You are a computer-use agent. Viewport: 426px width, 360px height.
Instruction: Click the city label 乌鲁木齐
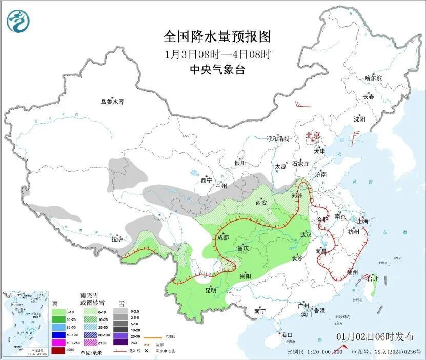[112, 102]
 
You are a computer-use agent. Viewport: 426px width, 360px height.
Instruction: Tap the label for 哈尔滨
[373, 78]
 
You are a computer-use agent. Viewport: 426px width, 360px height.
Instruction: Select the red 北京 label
[313, 136]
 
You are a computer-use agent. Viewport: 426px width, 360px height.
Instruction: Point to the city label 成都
[223, 237]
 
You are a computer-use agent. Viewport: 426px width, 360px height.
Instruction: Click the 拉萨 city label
[117, 239]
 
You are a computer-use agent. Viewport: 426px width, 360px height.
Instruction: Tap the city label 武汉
[307, 234]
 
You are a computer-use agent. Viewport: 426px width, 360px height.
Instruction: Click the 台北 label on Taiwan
[373, 279]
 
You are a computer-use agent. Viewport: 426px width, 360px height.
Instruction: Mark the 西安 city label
[261, 203]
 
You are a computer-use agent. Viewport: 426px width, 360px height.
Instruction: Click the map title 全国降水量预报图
[217, 37]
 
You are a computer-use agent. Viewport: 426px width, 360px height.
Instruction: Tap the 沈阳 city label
[359, 119]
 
